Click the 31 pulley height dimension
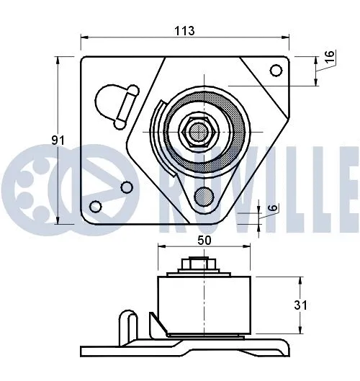[x=301, y=305]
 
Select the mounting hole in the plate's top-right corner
[x=275, y=70]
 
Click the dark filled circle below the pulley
[x=204, y=195]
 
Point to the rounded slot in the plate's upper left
[x=115, y=101]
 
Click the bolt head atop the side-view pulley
[x=191, y=265]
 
